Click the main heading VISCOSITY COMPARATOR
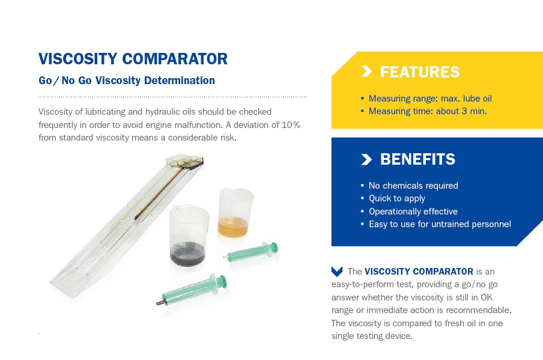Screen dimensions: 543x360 (x=133, y=59)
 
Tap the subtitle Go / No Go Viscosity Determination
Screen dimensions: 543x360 (x=127, y=81)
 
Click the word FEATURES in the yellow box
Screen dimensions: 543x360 (x=420, y=72)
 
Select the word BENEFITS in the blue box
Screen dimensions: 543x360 (x=417, y=159)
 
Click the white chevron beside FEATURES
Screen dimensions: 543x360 (x=366, y=72)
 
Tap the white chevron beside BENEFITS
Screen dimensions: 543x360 (x=366, y=159)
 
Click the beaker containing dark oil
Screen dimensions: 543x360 (x=189, y=236)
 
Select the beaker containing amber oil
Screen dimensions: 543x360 (x=235, y=212)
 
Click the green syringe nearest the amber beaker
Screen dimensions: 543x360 (x=250, y=252)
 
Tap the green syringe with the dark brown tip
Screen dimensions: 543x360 (x=192, y=290)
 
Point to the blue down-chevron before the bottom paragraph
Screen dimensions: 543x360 (x=337, y=271)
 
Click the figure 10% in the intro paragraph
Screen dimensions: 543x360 (x=291, y=125)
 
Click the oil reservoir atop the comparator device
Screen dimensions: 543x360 (x=184, y=162)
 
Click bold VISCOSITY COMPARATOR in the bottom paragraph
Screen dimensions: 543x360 (x=419, y=271)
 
